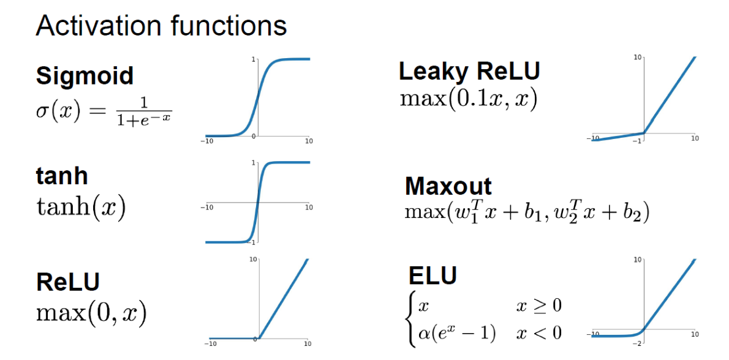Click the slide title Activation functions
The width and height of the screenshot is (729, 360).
pyautogui.click(x=161, y=26)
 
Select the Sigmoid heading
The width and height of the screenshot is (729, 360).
pyautogui.click(x=85, y=75)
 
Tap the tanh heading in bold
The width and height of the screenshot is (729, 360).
pyautogui.click(x=62, y=176)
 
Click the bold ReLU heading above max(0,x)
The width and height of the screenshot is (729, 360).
pyautogui.click(x=67, y=282)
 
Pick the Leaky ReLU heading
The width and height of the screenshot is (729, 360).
pyautogui.click(x=469, y=71)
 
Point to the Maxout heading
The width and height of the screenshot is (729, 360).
pyautogui.click(x=448, y=186)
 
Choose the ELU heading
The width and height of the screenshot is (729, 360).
pyautogui.click(x=432, y=276)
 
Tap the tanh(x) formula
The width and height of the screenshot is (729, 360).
pyautogui.click(x=81, y=208)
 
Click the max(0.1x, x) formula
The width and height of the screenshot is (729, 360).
pyautogui.click(x=469, y=99)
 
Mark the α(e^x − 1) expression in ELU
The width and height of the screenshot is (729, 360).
pyautogui.click(x=456, y=332)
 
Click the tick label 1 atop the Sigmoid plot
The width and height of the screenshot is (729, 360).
pyautogui.click(x=253, y=60)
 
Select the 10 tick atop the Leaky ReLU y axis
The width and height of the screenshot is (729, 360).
pyautogui.click(x=638, y=58)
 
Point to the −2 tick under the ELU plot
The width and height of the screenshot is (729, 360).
pyautogui.click(x=637, y=343)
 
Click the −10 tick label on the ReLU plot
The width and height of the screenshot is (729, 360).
pyautogui.click(x=210, y=343)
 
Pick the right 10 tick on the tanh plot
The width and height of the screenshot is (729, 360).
pyautogui.click(x=309, y=208)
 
